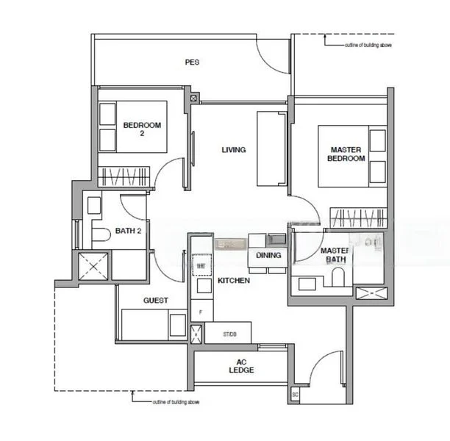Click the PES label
click(192, 62)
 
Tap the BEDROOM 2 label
click(142, 129)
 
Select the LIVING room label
click(234, 150)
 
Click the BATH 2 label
click(128, 231)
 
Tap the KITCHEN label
click(234, 281)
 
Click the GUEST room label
click(156, 300)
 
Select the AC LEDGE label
click(240, 365)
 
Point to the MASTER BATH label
click(335, 255)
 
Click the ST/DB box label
click(231, 334)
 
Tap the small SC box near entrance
click(295, 395)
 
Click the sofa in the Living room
click(270, 149)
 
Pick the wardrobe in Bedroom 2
click(124, 177)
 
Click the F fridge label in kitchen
click(200, 312)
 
